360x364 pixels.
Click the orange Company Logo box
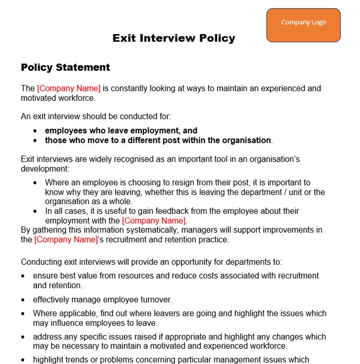[303, 25]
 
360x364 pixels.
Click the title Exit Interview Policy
[174, 38]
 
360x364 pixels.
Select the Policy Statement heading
[65, 67]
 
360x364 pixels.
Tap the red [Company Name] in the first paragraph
[68, 88]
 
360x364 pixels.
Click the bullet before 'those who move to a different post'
[36, 141]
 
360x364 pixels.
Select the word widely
[92, 159]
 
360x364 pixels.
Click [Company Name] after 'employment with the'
[154, 221]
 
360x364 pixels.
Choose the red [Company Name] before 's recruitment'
[66, 240]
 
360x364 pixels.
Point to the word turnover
[156, 300]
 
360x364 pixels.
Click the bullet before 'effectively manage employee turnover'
[23, 300]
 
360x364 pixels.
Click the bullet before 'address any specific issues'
[23, 337]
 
